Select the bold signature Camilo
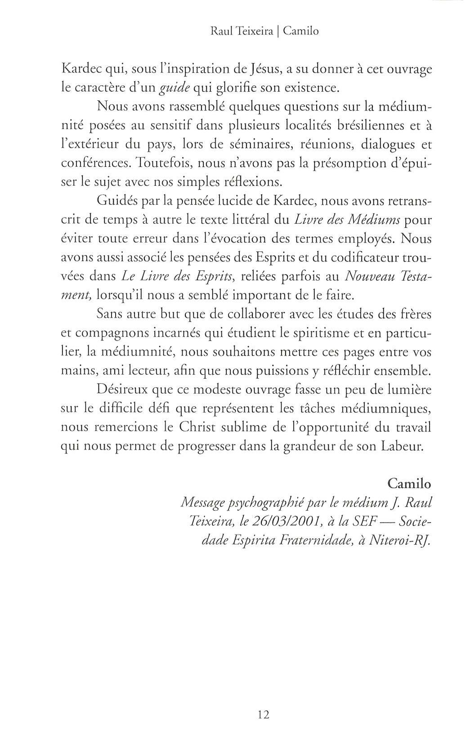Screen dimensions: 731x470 tap(409, 484)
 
